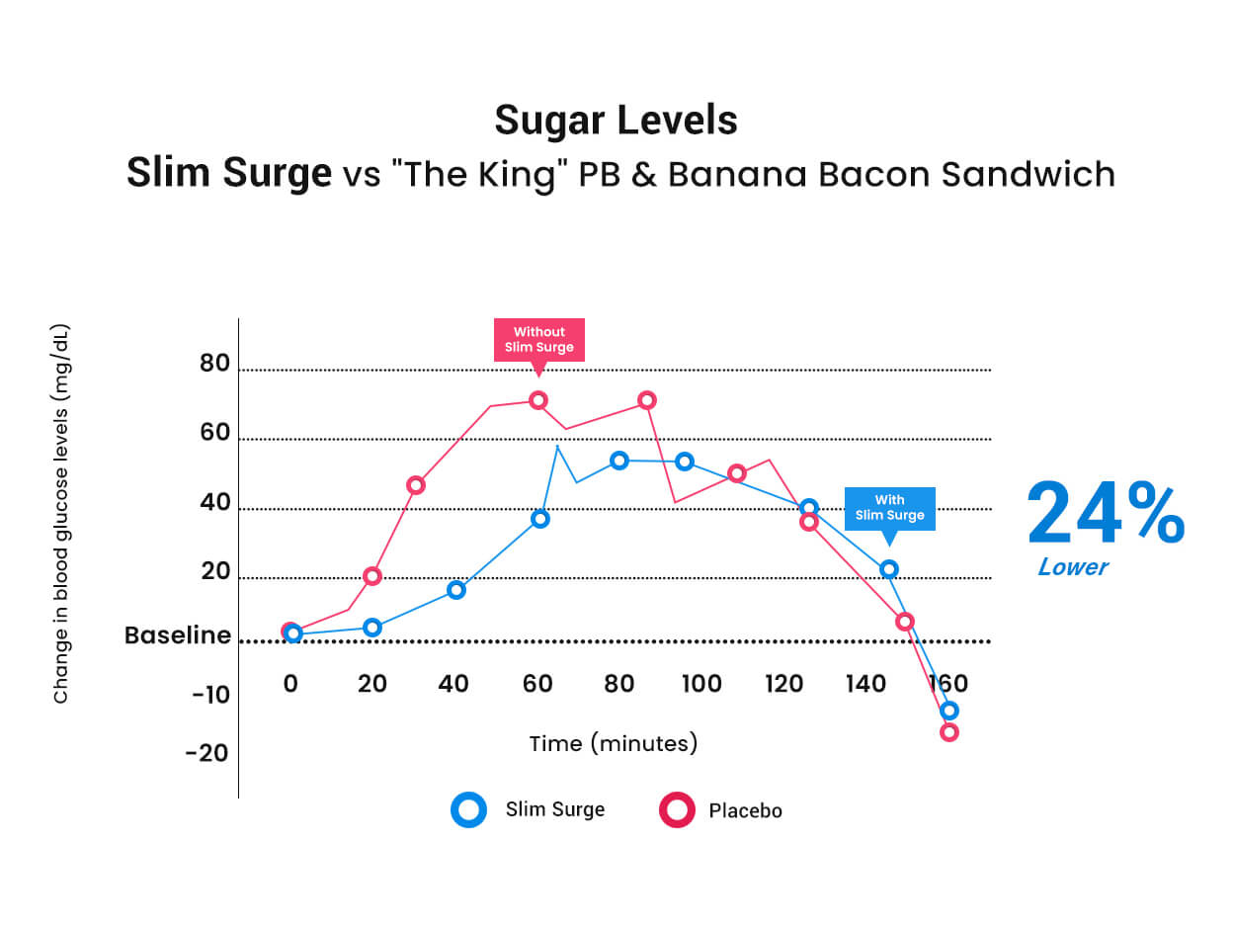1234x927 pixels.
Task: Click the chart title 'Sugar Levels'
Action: tap(616, 121)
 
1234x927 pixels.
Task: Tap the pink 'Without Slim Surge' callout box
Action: tap(538, 340)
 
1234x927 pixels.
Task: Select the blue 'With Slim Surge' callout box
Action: tap(889, 508)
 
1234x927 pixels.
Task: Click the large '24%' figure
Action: tap(1106, 512)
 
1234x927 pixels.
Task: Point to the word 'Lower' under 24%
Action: tap(1073, 566)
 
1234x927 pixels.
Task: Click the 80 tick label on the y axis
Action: tap(214, 363)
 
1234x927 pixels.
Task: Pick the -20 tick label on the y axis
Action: tap(206, 753)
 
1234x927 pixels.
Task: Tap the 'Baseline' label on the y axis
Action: tap(178, 635)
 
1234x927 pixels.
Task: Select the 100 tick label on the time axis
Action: tap(701, 684)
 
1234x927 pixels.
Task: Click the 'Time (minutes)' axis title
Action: tap(613, 743)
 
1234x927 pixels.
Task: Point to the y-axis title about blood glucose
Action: tap(60, 513)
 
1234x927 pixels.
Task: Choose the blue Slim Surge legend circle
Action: tap(468, 809)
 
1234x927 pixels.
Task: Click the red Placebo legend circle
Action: tap(677, 809)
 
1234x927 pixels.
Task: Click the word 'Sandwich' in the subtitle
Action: tap(1028, 174)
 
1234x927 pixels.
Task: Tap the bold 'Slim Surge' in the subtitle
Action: tap(229, 173)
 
